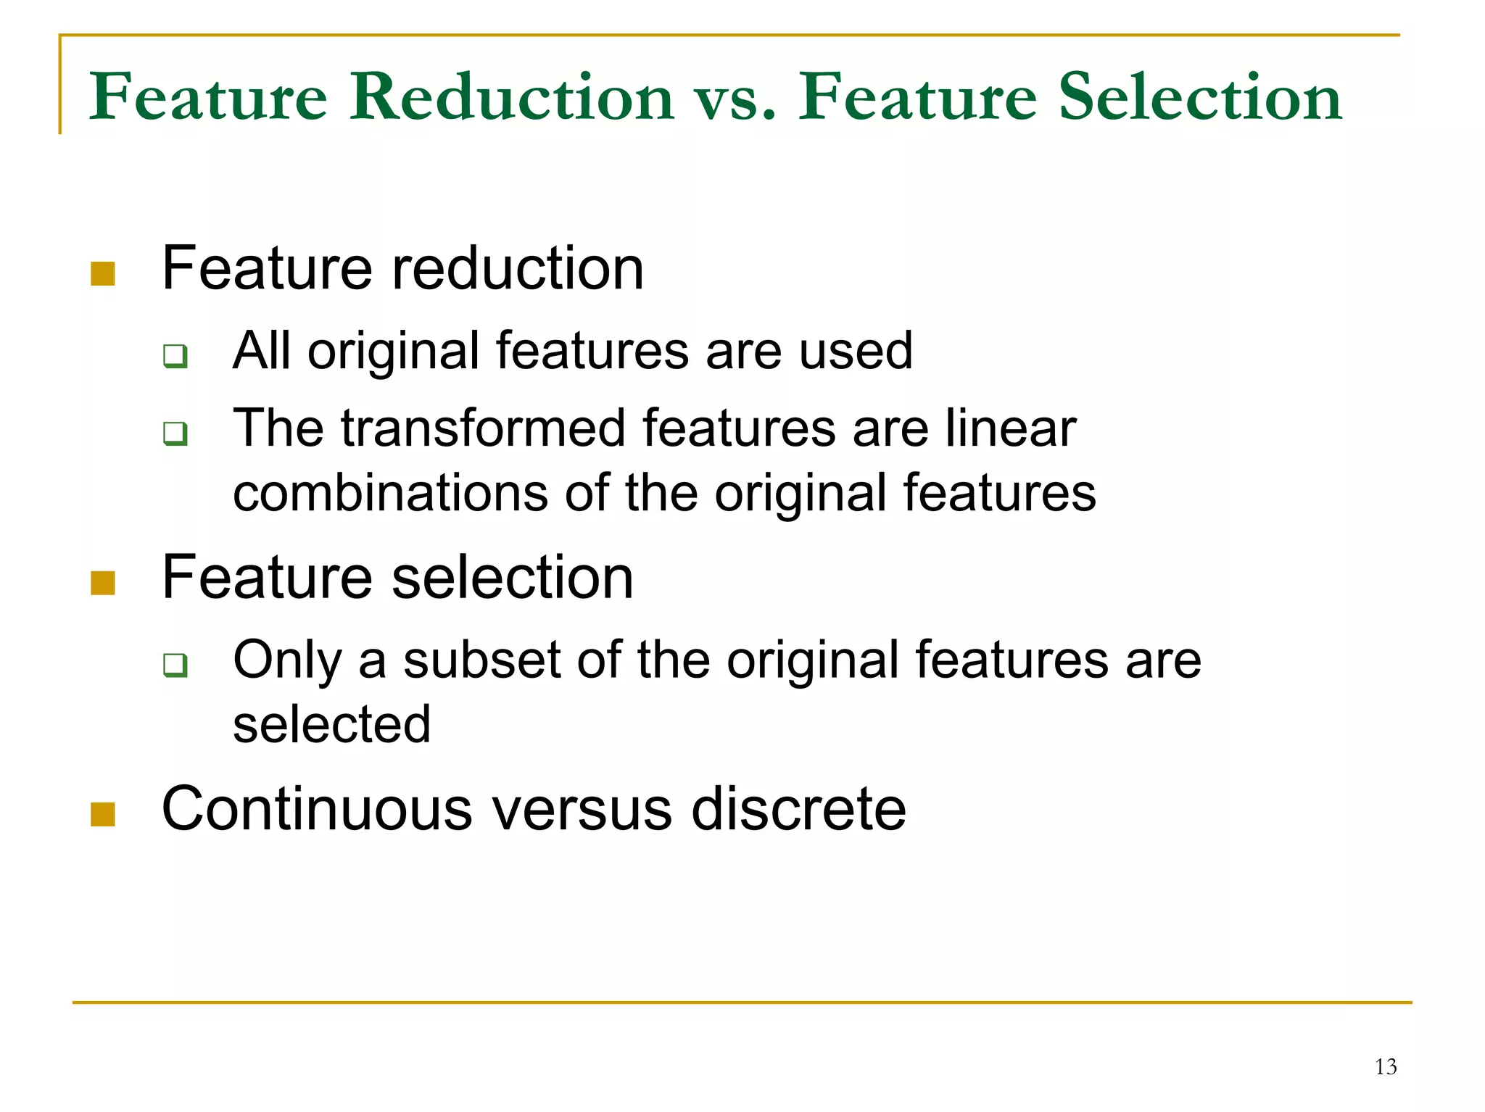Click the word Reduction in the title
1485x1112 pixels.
pyautogui.click(x=512, y=97)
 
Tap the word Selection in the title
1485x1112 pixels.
pyautogui.click(x=1200, y=97)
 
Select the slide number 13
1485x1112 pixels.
pyautogui.click(x=1386, y=1067)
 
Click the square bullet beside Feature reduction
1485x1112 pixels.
pyautogui.click(x=103, y=274)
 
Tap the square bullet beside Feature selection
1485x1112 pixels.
pyautogui.click(x=103, y=583)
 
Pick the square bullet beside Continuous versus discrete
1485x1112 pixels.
pyautogui.click(x=103, y=814)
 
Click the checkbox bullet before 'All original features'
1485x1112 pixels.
pyautogui.click(x=175, y=356)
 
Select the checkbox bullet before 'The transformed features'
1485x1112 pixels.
pyautogui.click(x=175, y=433)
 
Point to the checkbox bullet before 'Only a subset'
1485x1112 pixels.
pyautogui.click(x=175, y=665)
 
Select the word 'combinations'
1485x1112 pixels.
pyautogui.click(x=390, y=493)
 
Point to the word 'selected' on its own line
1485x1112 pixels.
pyautogui.click(x=332, y=724)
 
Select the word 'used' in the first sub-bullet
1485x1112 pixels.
pyautogui.click(x=856, y=351)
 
